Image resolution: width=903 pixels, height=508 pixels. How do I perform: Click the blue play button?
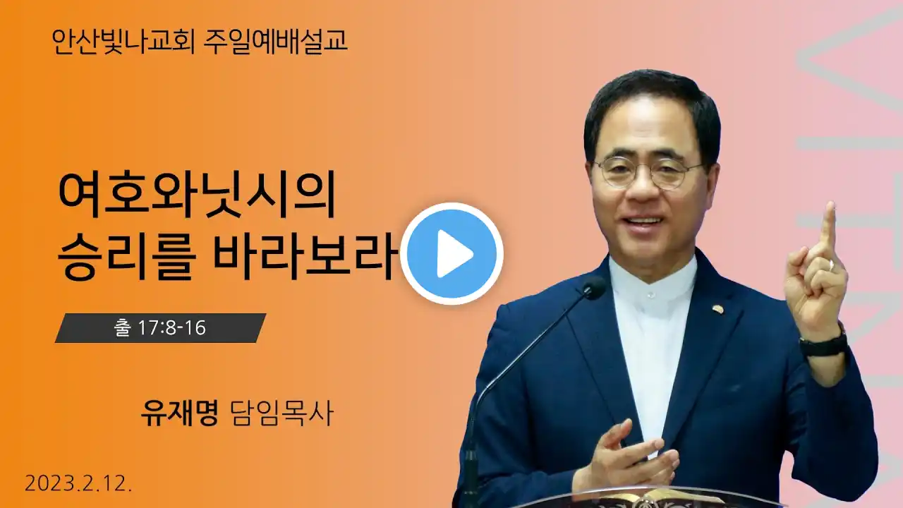[452, 253]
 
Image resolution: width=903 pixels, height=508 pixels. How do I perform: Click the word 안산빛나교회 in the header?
[123, 42]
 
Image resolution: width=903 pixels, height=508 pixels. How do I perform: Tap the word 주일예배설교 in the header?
[275, 41]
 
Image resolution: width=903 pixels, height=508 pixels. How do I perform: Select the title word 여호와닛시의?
[197, 195]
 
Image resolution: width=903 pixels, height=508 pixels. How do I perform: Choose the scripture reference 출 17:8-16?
[160, 328]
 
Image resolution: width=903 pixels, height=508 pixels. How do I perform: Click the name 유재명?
[179, 413]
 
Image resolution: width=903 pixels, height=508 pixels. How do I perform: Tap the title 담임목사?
[281, 413]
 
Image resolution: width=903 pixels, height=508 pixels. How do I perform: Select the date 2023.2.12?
[78, 483]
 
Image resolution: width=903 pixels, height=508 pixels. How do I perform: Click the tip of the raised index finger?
[830, 205]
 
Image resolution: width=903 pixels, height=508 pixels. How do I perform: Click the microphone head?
[593, 289]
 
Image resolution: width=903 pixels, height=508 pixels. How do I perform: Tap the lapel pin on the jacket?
[718, 309]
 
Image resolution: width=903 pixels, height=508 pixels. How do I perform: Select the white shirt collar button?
[650, 295]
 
